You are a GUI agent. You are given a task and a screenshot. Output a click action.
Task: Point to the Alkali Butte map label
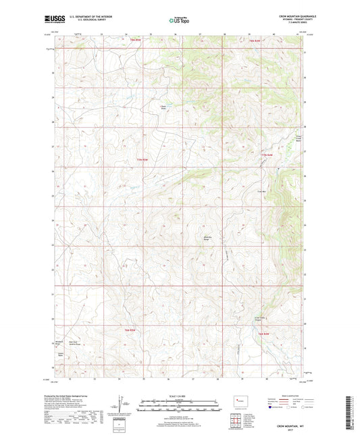[x=162, y=106]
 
